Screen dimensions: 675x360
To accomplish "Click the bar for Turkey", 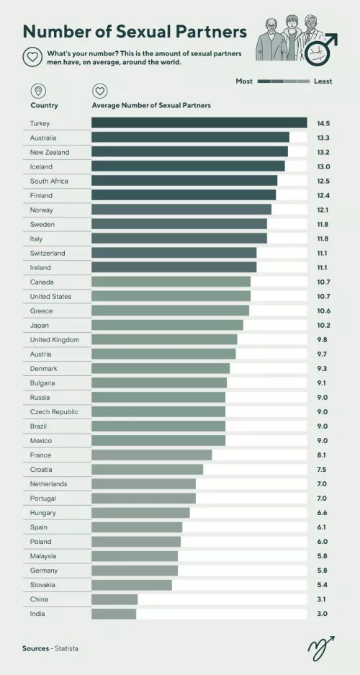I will coord(199,123).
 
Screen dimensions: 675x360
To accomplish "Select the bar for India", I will coord(114,614).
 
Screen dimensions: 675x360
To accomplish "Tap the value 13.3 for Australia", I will coord(322,138).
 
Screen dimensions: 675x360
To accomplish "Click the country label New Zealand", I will coord(50,152).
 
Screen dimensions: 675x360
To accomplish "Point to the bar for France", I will coord(152,455).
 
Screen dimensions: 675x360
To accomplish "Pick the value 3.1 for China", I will coord(322,599).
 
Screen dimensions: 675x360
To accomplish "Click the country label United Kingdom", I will coord(55,339).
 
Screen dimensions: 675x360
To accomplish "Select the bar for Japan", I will coord(168,325).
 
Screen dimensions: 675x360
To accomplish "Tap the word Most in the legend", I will coord(244,81).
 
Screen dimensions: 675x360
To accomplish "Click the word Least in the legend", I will coord(323,81).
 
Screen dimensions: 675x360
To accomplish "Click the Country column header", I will coord(44,105).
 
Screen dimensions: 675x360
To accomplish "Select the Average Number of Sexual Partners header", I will coord(151,105).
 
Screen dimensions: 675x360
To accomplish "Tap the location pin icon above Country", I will coord(37,91).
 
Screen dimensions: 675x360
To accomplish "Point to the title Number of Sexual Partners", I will coord(135,32).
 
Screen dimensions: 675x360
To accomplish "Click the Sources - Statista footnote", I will coord(50,648).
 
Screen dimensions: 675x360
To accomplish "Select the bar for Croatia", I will coord(148,469).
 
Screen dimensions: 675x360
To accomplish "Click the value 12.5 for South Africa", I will coord(322,181).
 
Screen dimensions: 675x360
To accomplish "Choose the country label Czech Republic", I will coord(54,411).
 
